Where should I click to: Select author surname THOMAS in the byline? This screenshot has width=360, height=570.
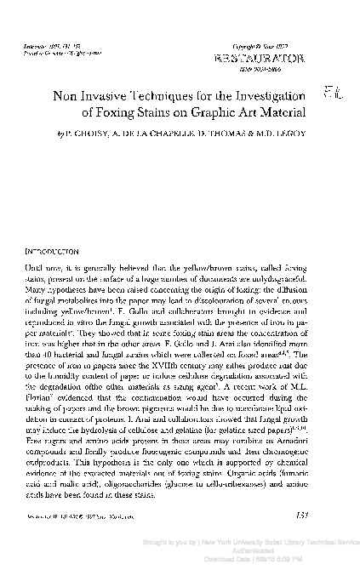click(205, 134)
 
